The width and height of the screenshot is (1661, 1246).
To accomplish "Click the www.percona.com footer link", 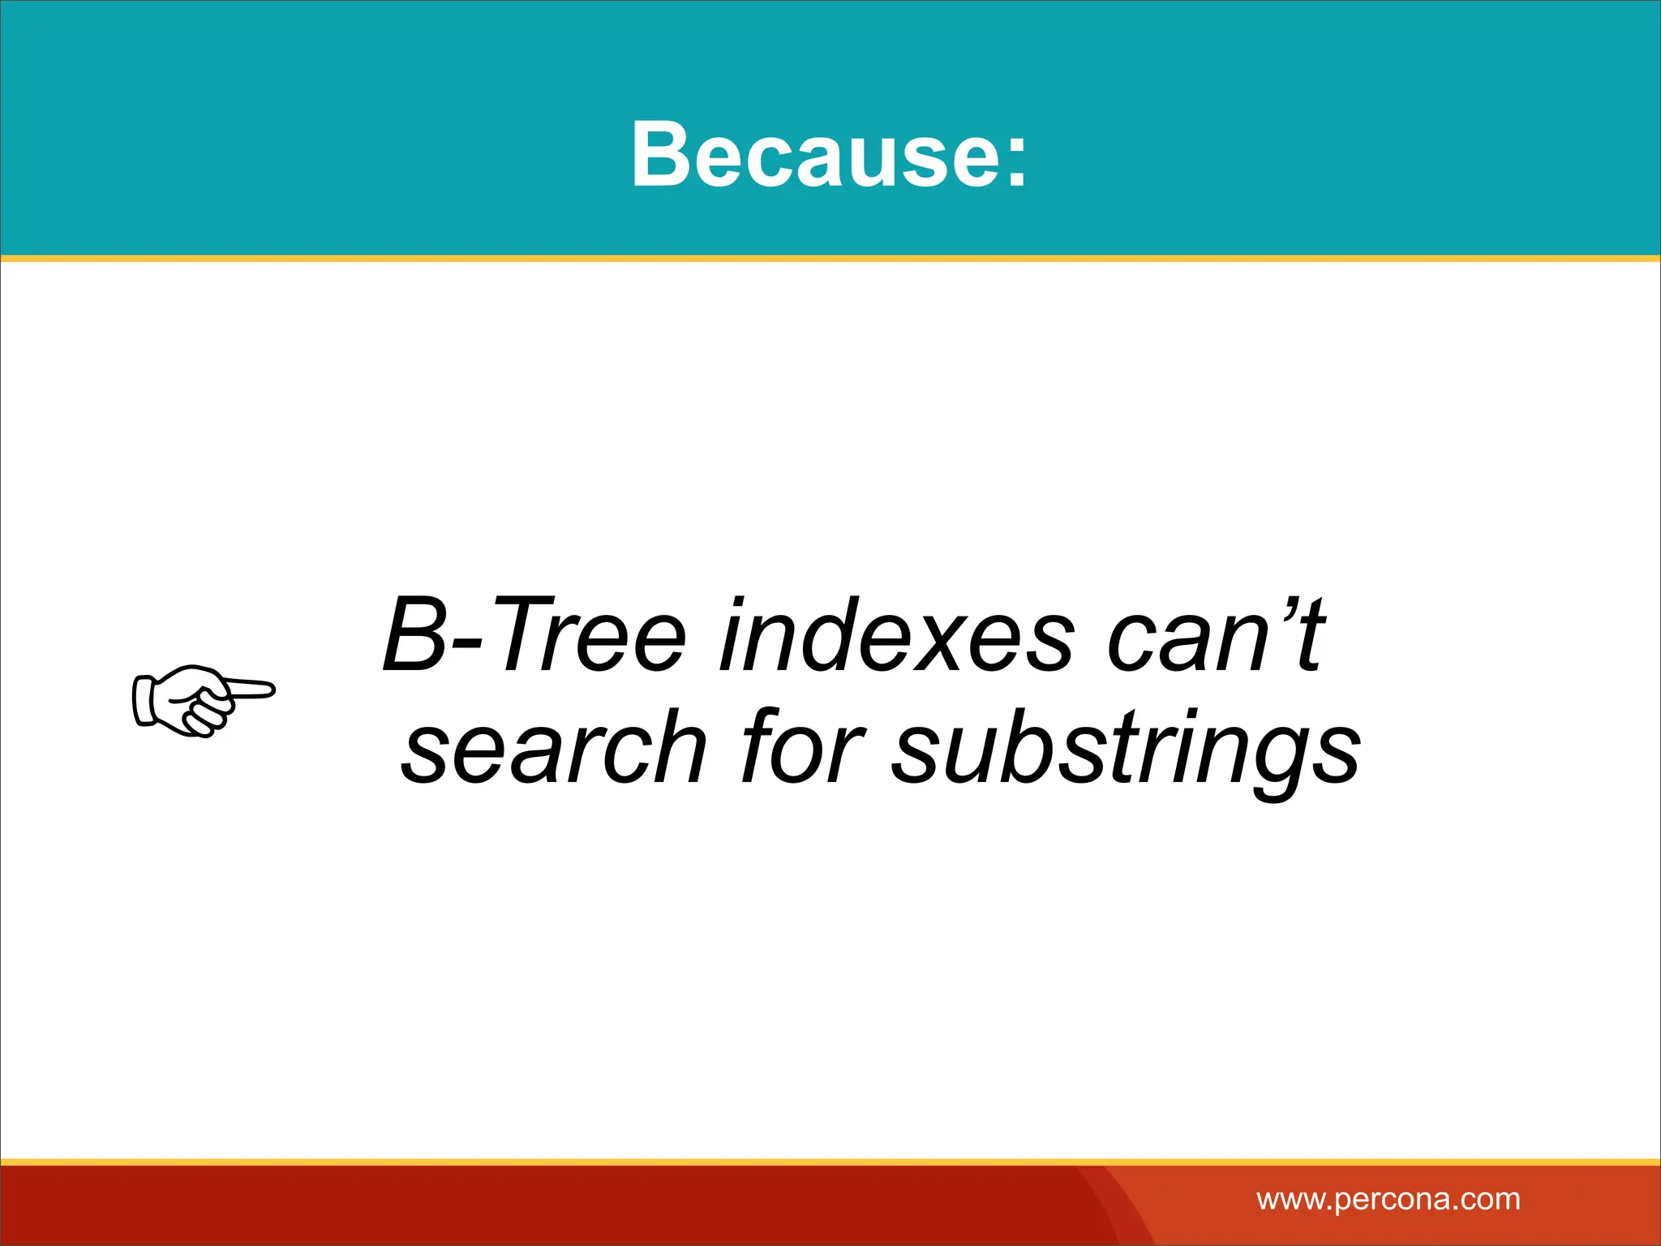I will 1388,1199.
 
